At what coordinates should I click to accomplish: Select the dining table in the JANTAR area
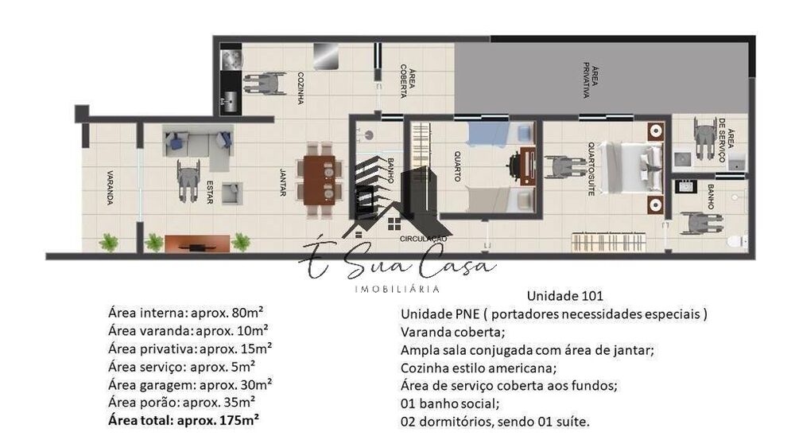point(320,178)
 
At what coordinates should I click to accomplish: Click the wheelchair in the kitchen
point(265,83)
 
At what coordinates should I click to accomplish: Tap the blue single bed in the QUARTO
point(487,134)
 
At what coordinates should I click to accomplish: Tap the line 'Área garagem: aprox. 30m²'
point(190,384)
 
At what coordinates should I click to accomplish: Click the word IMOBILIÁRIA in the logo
point(397,288)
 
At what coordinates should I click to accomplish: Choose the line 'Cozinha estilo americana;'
point(479,368)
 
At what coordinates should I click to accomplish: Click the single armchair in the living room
point(231,193)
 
